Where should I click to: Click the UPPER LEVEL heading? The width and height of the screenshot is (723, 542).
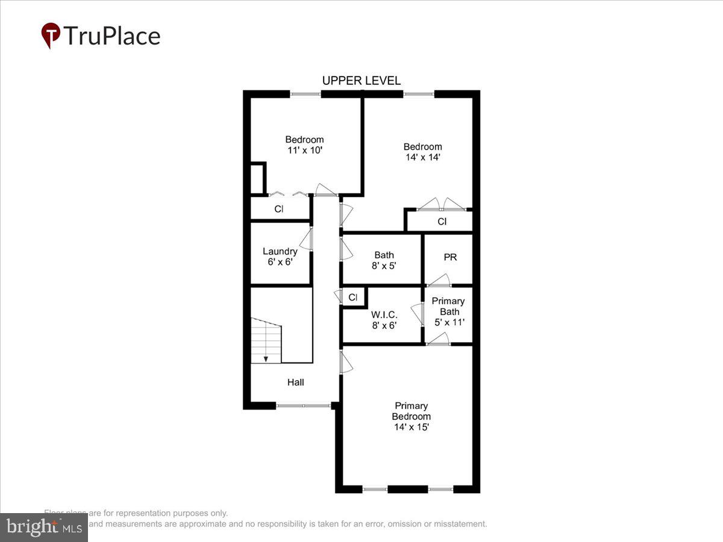pyautogui.click(x=361, y=81)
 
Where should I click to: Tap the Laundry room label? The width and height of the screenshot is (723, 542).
pyautogui.click(x=280, y=251)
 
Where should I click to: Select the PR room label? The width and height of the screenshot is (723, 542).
pyautogui.click(x=450, y=257)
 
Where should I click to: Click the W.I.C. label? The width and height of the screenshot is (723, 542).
pyautogui.click(x=384, y=314)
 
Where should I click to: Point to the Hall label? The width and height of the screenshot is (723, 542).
pyautogui.click(x=295, y=382)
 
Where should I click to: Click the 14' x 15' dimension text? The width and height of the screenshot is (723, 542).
pyautogui.click(x=412, y=427)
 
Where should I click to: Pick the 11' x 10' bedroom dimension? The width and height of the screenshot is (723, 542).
pyautogui.click(x=304, y=150)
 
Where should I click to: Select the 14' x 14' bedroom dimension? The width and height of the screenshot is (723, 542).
pyautogui.click(x=422, y=157)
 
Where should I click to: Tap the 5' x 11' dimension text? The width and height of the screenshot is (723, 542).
pyautogui.click(x=449, y=322)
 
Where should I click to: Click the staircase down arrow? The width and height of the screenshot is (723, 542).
pyautogui.click(x=266, y=358)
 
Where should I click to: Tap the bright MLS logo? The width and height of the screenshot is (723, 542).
pyautogui.click(x=43, y=527)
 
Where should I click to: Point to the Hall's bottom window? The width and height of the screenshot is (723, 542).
pyautogui.click(x=303, y=406)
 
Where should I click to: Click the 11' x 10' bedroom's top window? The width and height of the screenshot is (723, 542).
pyautogui.click(x=305, y=94)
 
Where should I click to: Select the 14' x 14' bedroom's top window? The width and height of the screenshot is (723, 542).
pyautogui.click(x=418, y=94)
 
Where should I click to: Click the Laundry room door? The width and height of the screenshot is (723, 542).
pyautogui.click(x=307, y=239)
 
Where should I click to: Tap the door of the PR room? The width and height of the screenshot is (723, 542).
pyautogui.click(x=439, y=281)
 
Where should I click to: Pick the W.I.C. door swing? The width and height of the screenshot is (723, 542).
pyautogui.click(x=417, y=315)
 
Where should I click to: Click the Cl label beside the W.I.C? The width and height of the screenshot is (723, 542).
pyautogui.click(x=353, y=297)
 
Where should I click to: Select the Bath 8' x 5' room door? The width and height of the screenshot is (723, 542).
pyautogui.click(x=346, y=249)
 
